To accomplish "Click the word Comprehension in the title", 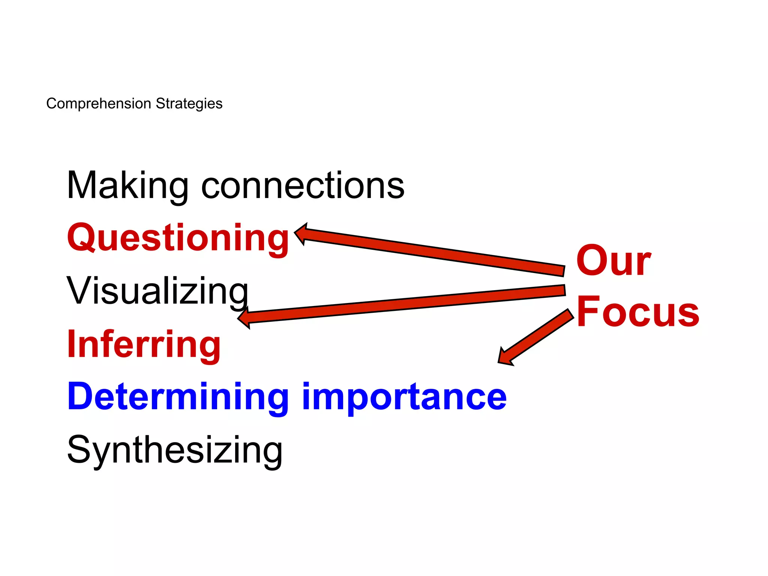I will [98, 103].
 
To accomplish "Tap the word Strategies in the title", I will [189, 103].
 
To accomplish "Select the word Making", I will [127, 186].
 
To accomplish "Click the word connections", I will [303, 186].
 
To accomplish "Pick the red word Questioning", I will [178, 238].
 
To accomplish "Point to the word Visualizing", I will [157, 291].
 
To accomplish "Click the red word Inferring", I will [144, 344].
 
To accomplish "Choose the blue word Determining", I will [178, 397].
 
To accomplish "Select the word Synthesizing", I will [174, 450].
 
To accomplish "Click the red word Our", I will [613, 260].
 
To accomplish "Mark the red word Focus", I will [637, 312].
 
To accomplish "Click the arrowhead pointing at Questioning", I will [302, 233].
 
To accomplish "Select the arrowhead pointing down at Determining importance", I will [504, 357].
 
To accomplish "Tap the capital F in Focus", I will [589, 311].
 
